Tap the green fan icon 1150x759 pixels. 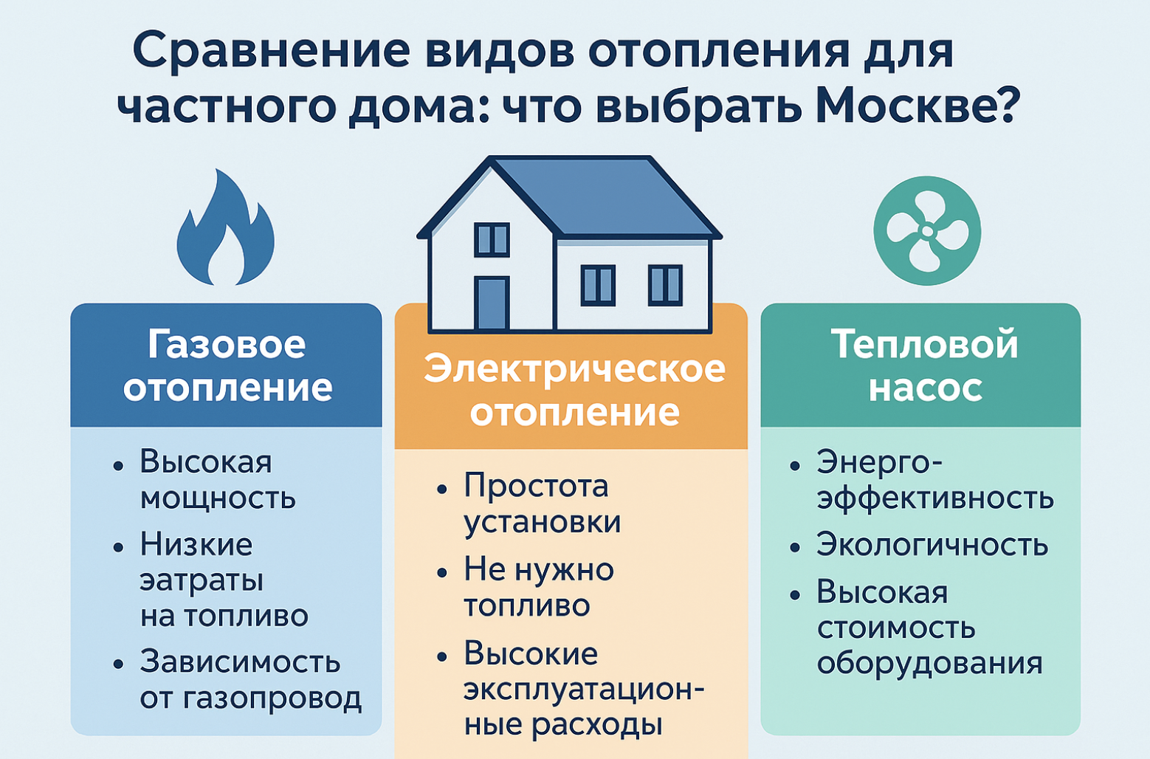point(927,230)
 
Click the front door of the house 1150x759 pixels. point(492,303)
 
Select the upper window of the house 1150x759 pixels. point(492,239)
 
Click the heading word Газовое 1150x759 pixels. point(227,344)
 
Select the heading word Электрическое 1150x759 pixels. point(574,370)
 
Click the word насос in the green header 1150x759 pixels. point(925,388)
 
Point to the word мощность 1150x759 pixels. point(218,498)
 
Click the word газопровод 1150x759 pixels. point(269,699)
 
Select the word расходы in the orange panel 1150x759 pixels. point(597,725)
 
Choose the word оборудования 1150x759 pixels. point(929,664)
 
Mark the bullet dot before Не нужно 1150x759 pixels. point(442,572)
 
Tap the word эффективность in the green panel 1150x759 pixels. point(935,498)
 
